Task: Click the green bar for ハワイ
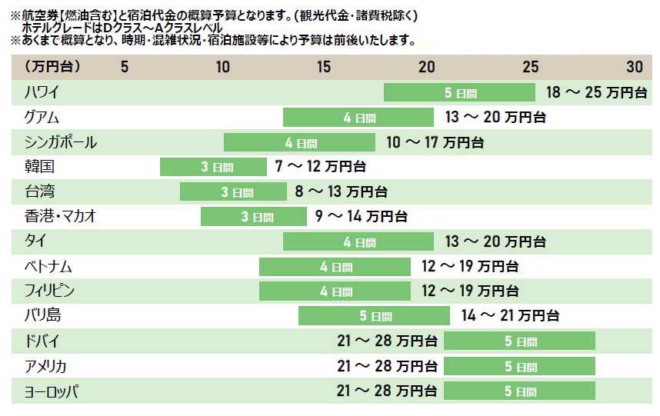click(459, 93)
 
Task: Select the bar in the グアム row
click(358, 118)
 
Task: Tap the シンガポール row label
click(61, 142)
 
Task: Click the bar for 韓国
click(212, 167)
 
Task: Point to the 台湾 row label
click(39, 191)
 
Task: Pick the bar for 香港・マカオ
click(253, 217)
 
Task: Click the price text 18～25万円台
click(596, 93)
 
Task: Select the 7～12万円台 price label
click(320, 167)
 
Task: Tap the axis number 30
click(635, 67)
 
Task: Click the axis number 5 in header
click(125, 67)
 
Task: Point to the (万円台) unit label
click(52, 67)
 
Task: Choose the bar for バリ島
click(374, 316)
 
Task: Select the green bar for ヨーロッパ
click(519, 391)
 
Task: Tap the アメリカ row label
click(45, 366)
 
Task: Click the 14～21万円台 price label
click(510, 316)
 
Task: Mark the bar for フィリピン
click(335, 291)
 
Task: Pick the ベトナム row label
click(48, 267)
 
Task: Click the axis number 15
click(324, 67)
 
